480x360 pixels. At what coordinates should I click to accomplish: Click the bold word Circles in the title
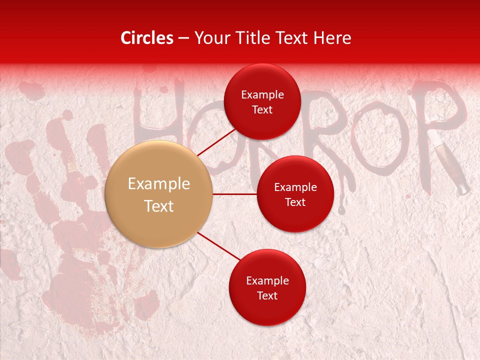pos(147,38)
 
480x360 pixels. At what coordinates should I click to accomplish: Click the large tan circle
pos(159,194)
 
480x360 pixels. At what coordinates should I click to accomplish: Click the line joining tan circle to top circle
pos(216,141)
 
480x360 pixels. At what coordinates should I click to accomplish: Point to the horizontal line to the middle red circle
pos(234,194)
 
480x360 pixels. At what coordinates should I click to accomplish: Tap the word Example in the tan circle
pos(159,184)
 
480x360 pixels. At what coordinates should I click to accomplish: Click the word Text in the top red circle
pos(262,110)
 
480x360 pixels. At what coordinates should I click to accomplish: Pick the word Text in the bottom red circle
pos(267,295)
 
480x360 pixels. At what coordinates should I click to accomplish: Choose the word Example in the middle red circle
pos(295,187)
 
